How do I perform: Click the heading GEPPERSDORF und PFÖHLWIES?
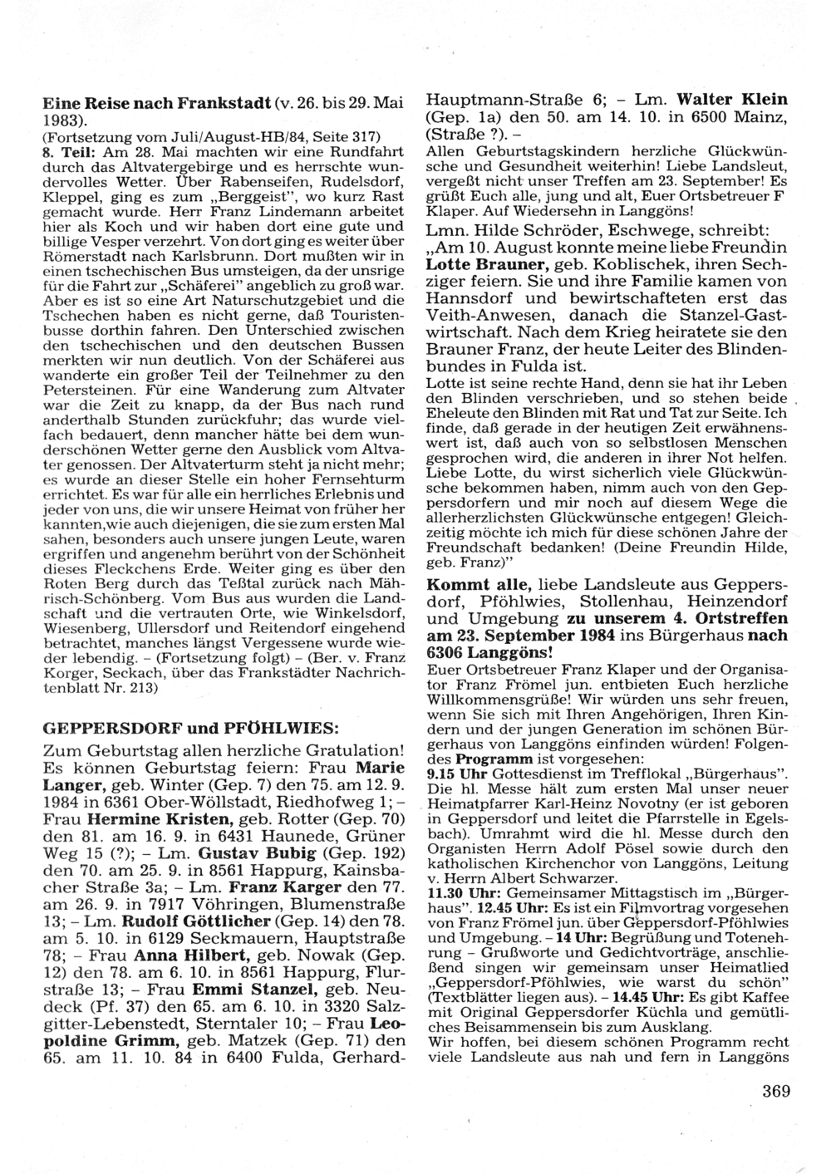(190, 728)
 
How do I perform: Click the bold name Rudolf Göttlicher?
(196, 946)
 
